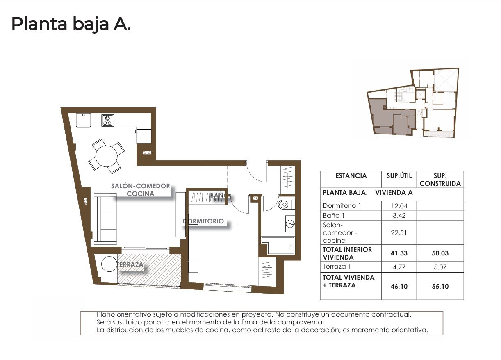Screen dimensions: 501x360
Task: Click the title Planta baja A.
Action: [71, 24]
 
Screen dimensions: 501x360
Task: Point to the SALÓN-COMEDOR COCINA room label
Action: [140, 190]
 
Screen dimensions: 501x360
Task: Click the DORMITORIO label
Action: [204, 221]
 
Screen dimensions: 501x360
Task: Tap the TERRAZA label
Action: [130, 265]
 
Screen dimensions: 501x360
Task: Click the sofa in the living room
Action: [105, 220]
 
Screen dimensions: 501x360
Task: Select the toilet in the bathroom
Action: [285, 204]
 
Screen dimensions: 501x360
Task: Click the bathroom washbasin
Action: [290, 224]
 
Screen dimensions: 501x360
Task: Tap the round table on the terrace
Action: [109, 264]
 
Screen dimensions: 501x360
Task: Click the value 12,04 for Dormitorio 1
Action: [399, 206]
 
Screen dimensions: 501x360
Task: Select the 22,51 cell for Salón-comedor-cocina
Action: [399, 232]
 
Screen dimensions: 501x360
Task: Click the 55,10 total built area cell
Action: [440, 286]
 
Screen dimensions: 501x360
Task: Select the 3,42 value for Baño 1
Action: [399, 215]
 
